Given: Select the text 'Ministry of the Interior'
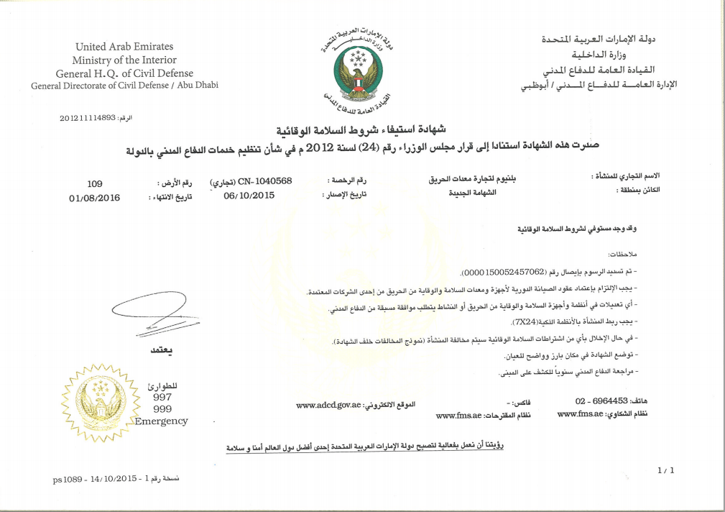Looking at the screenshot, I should pyautogui.click(x=124, y=60).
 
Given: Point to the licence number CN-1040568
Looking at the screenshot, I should pyautogui.click(x=265, y=180).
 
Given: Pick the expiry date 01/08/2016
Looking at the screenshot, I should pyautogui.click(x=94, y=197).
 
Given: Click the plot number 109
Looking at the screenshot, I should pyautogui.click(x=95, y=183).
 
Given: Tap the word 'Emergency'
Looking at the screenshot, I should pyautogui.click(x=162, y=421).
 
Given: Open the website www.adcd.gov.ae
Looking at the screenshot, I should pyautogui.click(x=328, y=406).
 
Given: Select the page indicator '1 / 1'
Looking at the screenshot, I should pyautogui.click(x=666, y=470).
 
